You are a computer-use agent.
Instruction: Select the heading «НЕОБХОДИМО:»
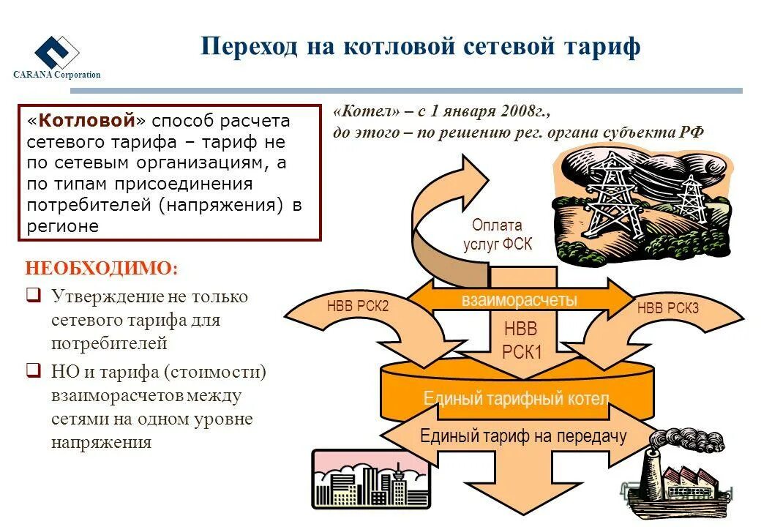(x=101, y=268)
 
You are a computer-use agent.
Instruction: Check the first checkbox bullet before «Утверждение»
(x=33, y=296)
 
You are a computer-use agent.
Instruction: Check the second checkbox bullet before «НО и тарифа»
(x=33, y=371)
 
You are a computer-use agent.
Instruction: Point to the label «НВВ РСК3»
(x=667, y=308)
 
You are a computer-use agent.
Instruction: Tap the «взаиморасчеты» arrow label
(x=519, y=299)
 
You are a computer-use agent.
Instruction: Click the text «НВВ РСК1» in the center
(x=522, y=340)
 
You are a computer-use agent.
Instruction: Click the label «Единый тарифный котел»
(x=516, y=399)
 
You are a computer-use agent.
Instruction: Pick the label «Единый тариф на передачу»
(x=523, y=436)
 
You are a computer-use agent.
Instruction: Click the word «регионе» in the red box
(x=63, y=226)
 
